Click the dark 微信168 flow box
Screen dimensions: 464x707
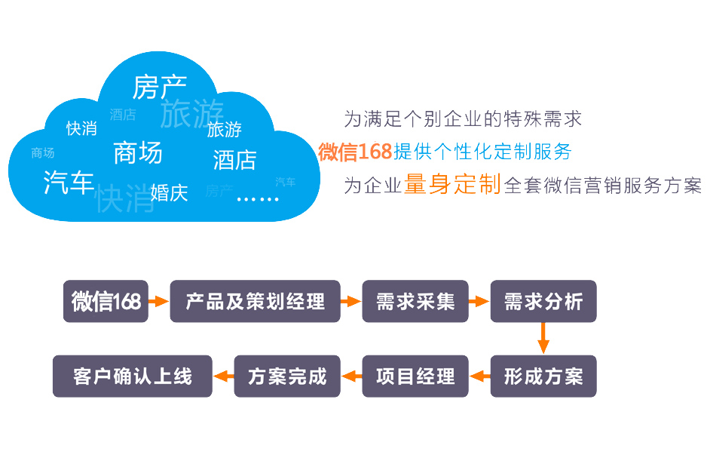106,301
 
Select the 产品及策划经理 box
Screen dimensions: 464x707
255,301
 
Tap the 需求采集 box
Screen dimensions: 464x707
415,301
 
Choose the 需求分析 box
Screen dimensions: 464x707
543,301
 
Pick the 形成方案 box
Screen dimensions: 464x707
543,376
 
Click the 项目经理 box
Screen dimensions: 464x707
415,376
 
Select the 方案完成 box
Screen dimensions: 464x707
287,376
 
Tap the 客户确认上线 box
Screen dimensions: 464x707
133,376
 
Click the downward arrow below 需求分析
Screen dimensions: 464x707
543,338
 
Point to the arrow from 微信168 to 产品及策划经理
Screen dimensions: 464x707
159,301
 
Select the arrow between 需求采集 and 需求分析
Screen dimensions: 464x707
479,301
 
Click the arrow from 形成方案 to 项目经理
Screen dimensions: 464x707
479,376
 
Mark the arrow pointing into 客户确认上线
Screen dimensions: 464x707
223,376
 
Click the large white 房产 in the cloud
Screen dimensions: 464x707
159,87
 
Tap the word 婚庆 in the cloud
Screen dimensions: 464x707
169,192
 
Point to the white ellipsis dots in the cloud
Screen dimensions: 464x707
257,198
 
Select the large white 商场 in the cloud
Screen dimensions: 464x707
138,152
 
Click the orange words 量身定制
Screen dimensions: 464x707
452,183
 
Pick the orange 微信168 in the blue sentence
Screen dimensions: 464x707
355,152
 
